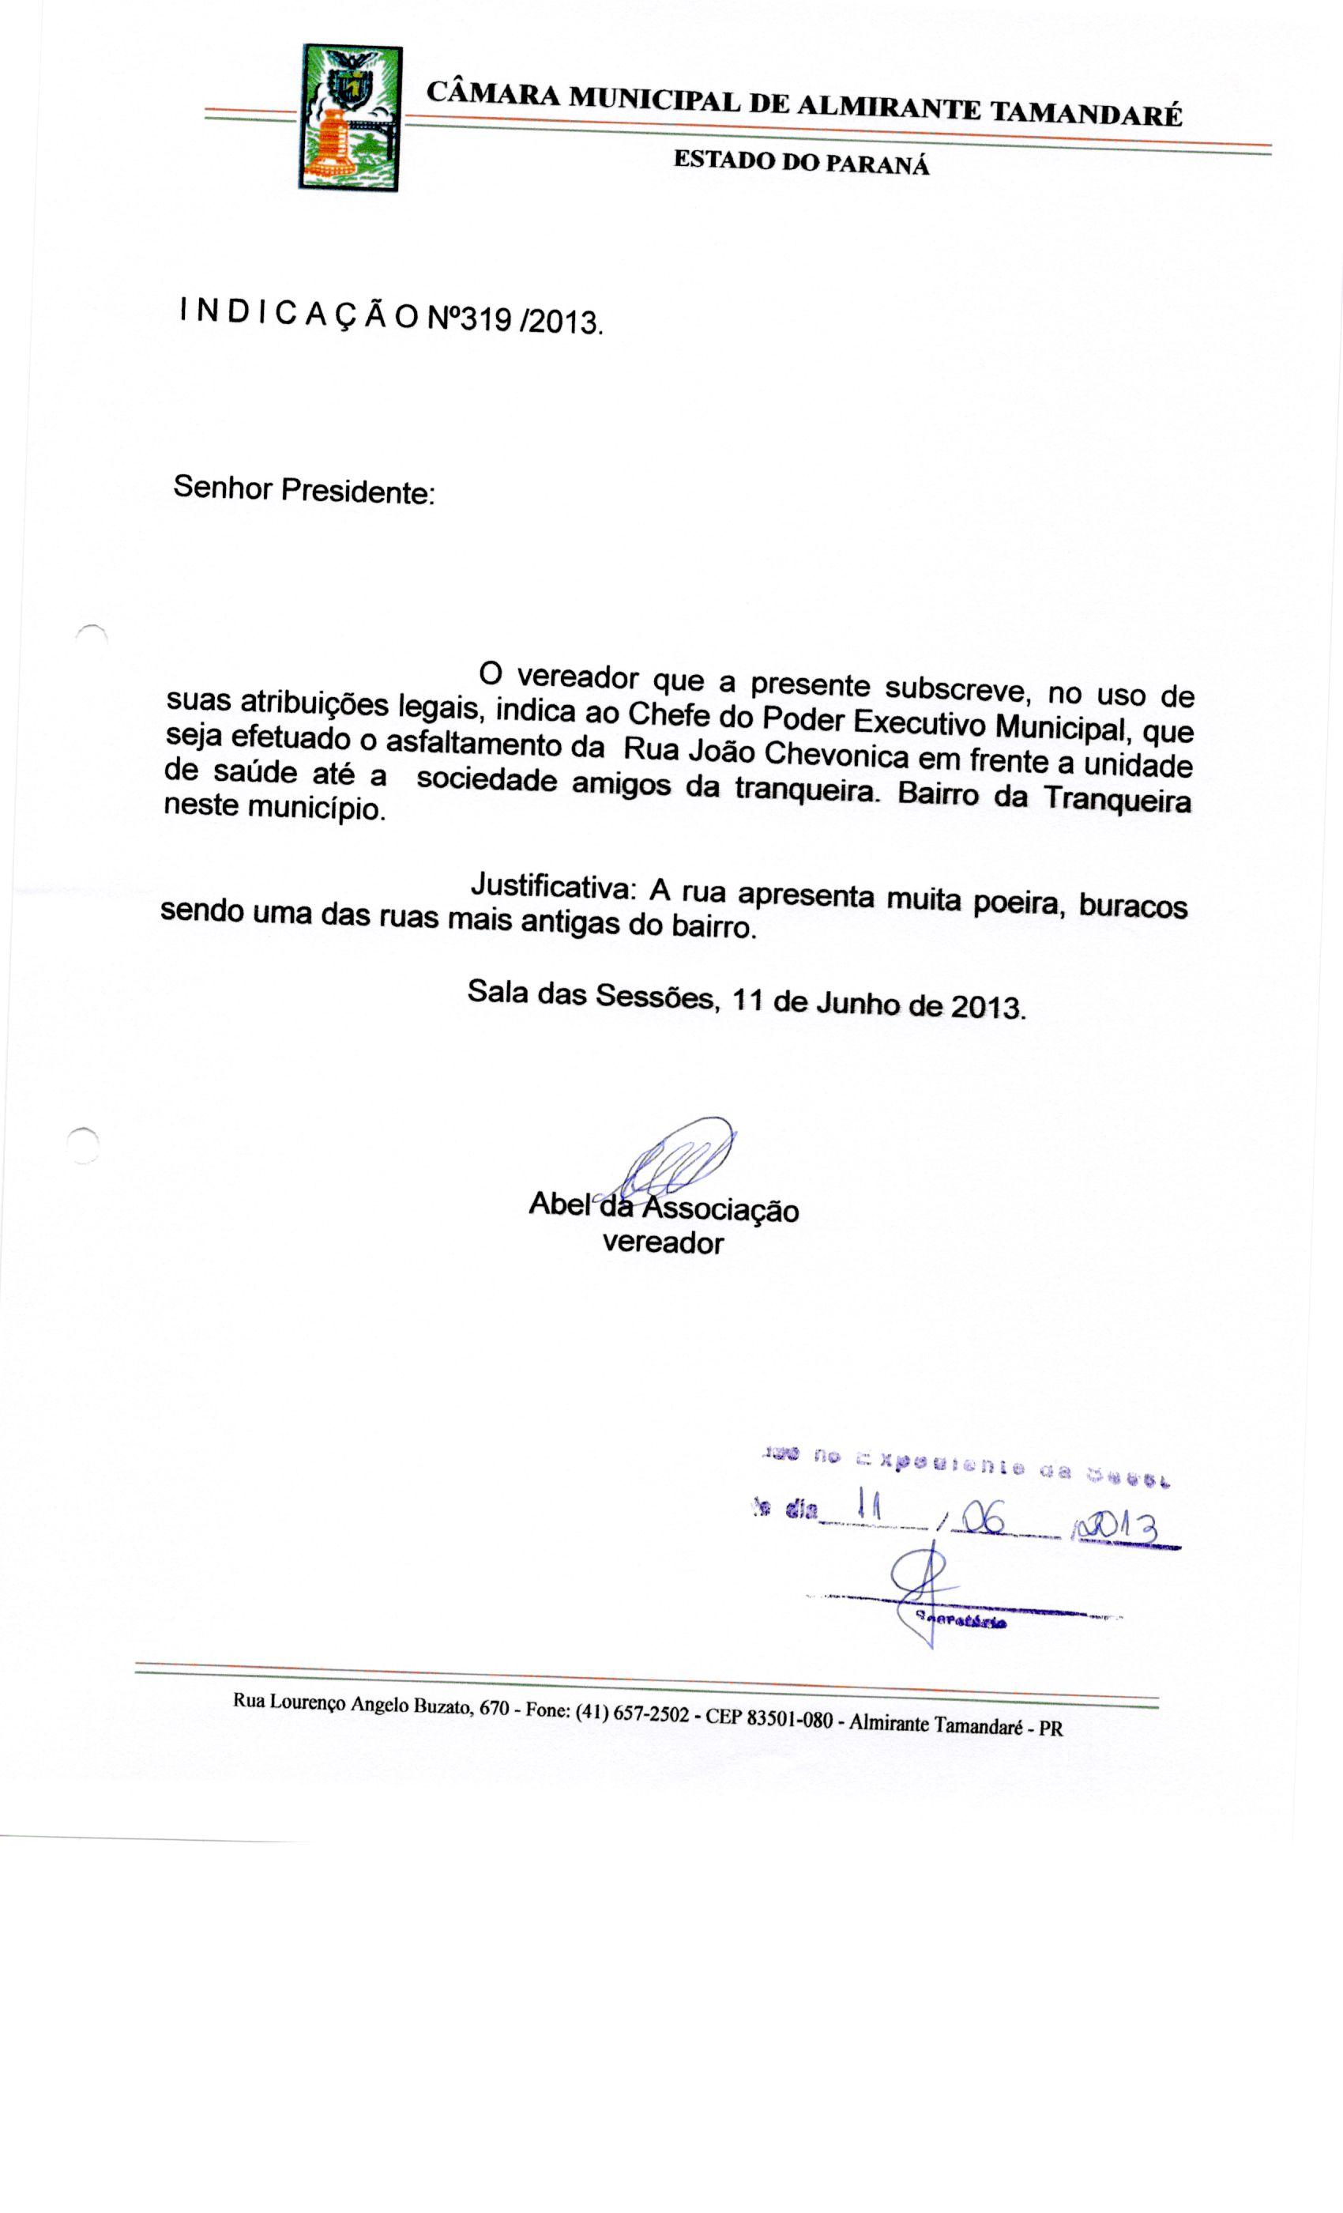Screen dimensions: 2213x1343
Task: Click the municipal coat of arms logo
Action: (349, 118)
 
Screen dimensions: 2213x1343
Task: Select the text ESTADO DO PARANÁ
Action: (801, 162)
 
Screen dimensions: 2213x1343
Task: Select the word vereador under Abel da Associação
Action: (663, 1243)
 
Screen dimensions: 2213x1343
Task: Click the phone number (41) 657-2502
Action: (632, 1712)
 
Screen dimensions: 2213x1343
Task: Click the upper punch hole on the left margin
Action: (92, 635)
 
